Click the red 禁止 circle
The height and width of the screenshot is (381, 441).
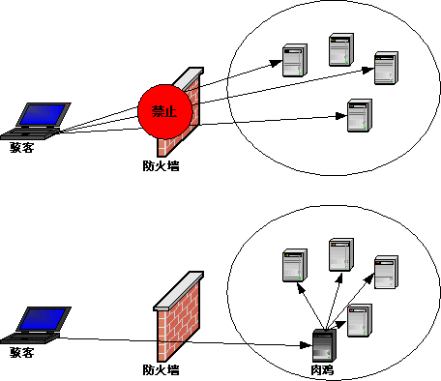point(165,111)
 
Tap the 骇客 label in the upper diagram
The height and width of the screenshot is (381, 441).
point(22,148)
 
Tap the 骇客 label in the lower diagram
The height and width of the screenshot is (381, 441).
point(22,352)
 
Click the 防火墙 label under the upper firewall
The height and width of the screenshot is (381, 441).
point(161,165)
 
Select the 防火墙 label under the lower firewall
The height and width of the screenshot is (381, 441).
point(161,369)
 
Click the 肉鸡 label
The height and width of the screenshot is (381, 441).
point(322,370)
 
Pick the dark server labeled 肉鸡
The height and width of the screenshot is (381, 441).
point(324,345)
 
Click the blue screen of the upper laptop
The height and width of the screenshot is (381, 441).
point(44,114)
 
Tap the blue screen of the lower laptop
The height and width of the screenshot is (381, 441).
point(44,318)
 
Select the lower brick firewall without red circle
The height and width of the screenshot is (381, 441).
point(178,316)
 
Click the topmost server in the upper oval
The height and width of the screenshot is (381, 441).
point(341,49)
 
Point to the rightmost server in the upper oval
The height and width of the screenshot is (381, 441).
point(386,68)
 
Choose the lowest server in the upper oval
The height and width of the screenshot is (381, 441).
point(360,115)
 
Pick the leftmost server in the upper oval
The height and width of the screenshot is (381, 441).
point(295,60)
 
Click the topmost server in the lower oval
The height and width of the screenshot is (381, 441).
point(341,254)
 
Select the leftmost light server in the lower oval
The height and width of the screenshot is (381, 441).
point(295,265)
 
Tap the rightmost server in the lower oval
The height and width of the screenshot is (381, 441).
point(386,273)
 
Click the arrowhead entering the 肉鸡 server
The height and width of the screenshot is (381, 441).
point(306,345)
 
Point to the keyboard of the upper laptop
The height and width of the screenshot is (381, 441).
point(30,133)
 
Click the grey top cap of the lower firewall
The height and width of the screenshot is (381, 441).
point(178,291)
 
